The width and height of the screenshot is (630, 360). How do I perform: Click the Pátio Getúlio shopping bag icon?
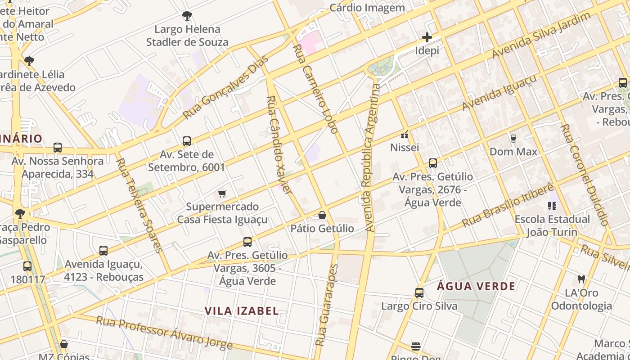[322, 216]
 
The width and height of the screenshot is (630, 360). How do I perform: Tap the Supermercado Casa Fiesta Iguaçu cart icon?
[222, 193]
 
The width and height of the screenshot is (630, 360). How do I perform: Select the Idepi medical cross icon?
[427, 37]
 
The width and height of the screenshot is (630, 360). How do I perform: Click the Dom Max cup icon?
[513, 138]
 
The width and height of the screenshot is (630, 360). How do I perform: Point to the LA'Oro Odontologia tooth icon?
[581, 279]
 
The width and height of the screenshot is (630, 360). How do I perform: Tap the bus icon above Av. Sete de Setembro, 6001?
[187, 141]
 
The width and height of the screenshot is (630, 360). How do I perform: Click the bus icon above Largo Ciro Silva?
[419, 293]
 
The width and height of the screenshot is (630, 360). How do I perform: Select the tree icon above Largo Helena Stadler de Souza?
[187, 16]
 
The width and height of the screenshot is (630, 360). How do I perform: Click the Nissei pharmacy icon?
[405, 134]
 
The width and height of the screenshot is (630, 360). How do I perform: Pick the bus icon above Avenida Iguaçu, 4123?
[103, 251]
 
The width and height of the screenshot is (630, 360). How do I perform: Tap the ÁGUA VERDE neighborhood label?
[476, 286]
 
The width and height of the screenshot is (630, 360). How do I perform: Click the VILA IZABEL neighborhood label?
[242, 311]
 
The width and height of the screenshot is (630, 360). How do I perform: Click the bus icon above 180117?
[27, 266]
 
